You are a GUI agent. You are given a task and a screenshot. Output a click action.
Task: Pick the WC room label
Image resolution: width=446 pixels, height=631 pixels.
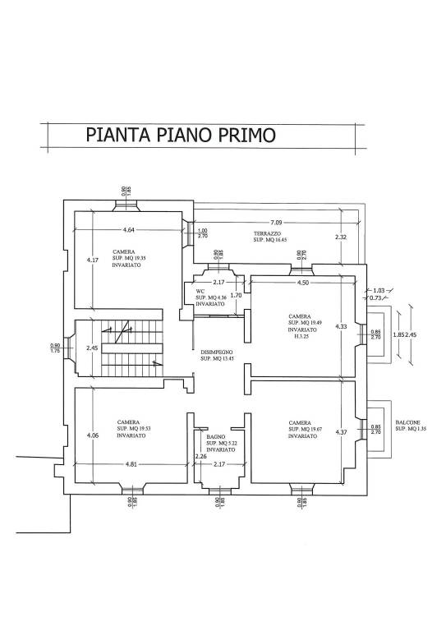click(x=200, y=291)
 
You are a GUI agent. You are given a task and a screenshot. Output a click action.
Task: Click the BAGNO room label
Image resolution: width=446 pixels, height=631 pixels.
click(x=215, y=438)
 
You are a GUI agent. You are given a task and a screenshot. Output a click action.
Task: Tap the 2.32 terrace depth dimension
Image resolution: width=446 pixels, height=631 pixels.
click(x=341, y=237)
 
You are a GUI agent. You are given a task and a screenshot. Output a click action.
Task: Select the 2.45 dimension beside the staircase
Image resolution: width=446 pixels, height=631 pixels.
click(x=92, y=348)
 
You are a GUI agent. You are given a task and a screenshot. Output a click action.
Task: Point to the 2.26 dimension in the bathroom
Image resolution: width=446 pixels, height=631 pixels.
click(x=200, y=457)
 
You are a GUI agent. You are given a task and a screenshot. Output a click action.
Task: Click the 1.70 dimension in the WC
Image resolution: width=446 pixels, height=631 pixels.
click(x=236, y=295)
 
